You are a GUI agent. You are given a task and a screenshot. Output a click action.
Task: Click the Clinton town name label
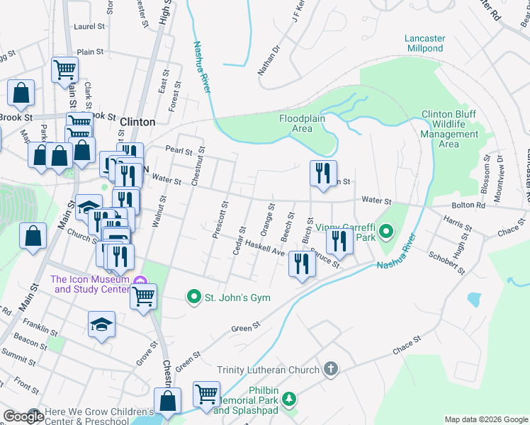pos(137,122)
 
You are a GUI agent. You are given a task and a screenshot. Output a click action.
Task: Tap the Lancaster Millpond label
pos(424,43)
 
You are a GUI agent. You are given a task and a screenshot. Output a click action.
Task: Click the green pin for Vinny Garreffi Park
pos(386,231)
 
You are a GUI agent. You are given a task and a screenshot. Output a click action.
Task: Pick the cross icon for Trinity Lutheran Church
pos(330,369)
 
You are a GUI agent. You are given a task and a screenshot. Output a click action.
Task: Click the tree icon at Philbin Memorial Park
pos(288,399)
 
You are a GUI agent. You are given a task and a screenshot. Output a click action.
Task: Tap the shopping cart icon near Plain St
pos(64,69)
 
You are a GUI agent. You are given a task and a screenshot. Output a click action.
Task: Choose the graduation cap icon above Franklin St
pos(102,324)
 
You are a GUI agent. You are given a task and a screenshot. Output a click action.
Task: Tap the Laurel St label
pos(89,26)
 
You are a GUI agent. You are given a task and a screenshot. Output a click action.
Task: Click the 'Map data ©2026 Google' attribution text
pos(485,419)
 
